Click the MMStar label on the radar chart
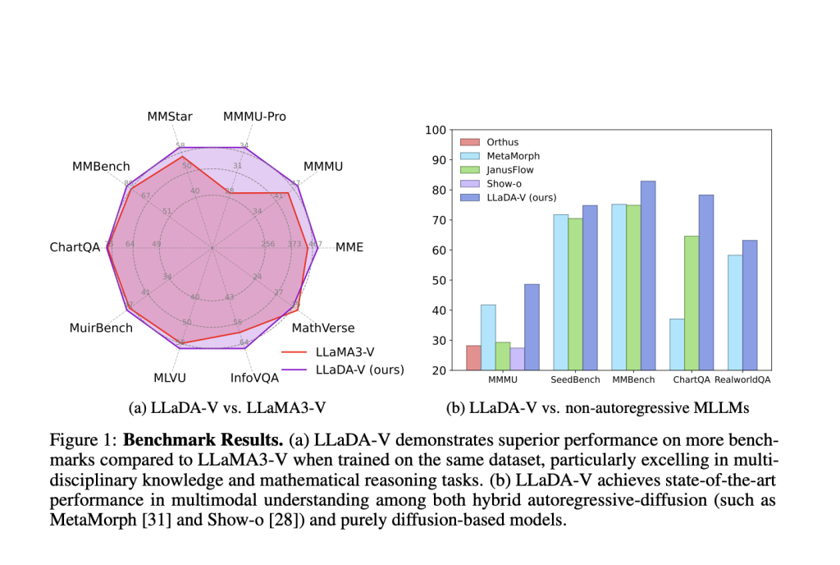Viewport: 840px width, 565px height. point(169,117)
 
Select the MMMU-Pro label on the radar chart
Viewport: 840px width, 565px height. point(254,117)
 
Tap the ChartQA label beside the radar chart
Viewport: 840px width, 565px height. point(75,247)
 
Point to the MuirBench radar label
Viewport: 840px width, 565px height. point(101,328)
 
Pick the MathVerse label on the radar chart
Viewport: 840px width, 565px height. point(323,328)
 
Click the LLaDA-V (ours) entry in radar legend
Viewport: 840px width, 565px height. point(359,370)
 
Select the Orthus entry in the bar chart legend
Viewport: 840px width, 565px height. point(504,141)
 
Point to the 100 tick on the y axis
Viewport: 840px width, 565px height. point(435,130)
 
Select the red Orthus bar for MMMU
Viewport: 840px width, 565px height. point(473,358)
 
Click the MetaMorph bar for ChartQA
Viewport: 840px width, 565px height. point(677,344)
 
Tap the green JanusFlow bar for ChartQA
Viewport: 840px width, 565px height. point(692,303)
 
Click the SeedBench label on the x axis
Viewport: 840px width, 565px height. point(573,380)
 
